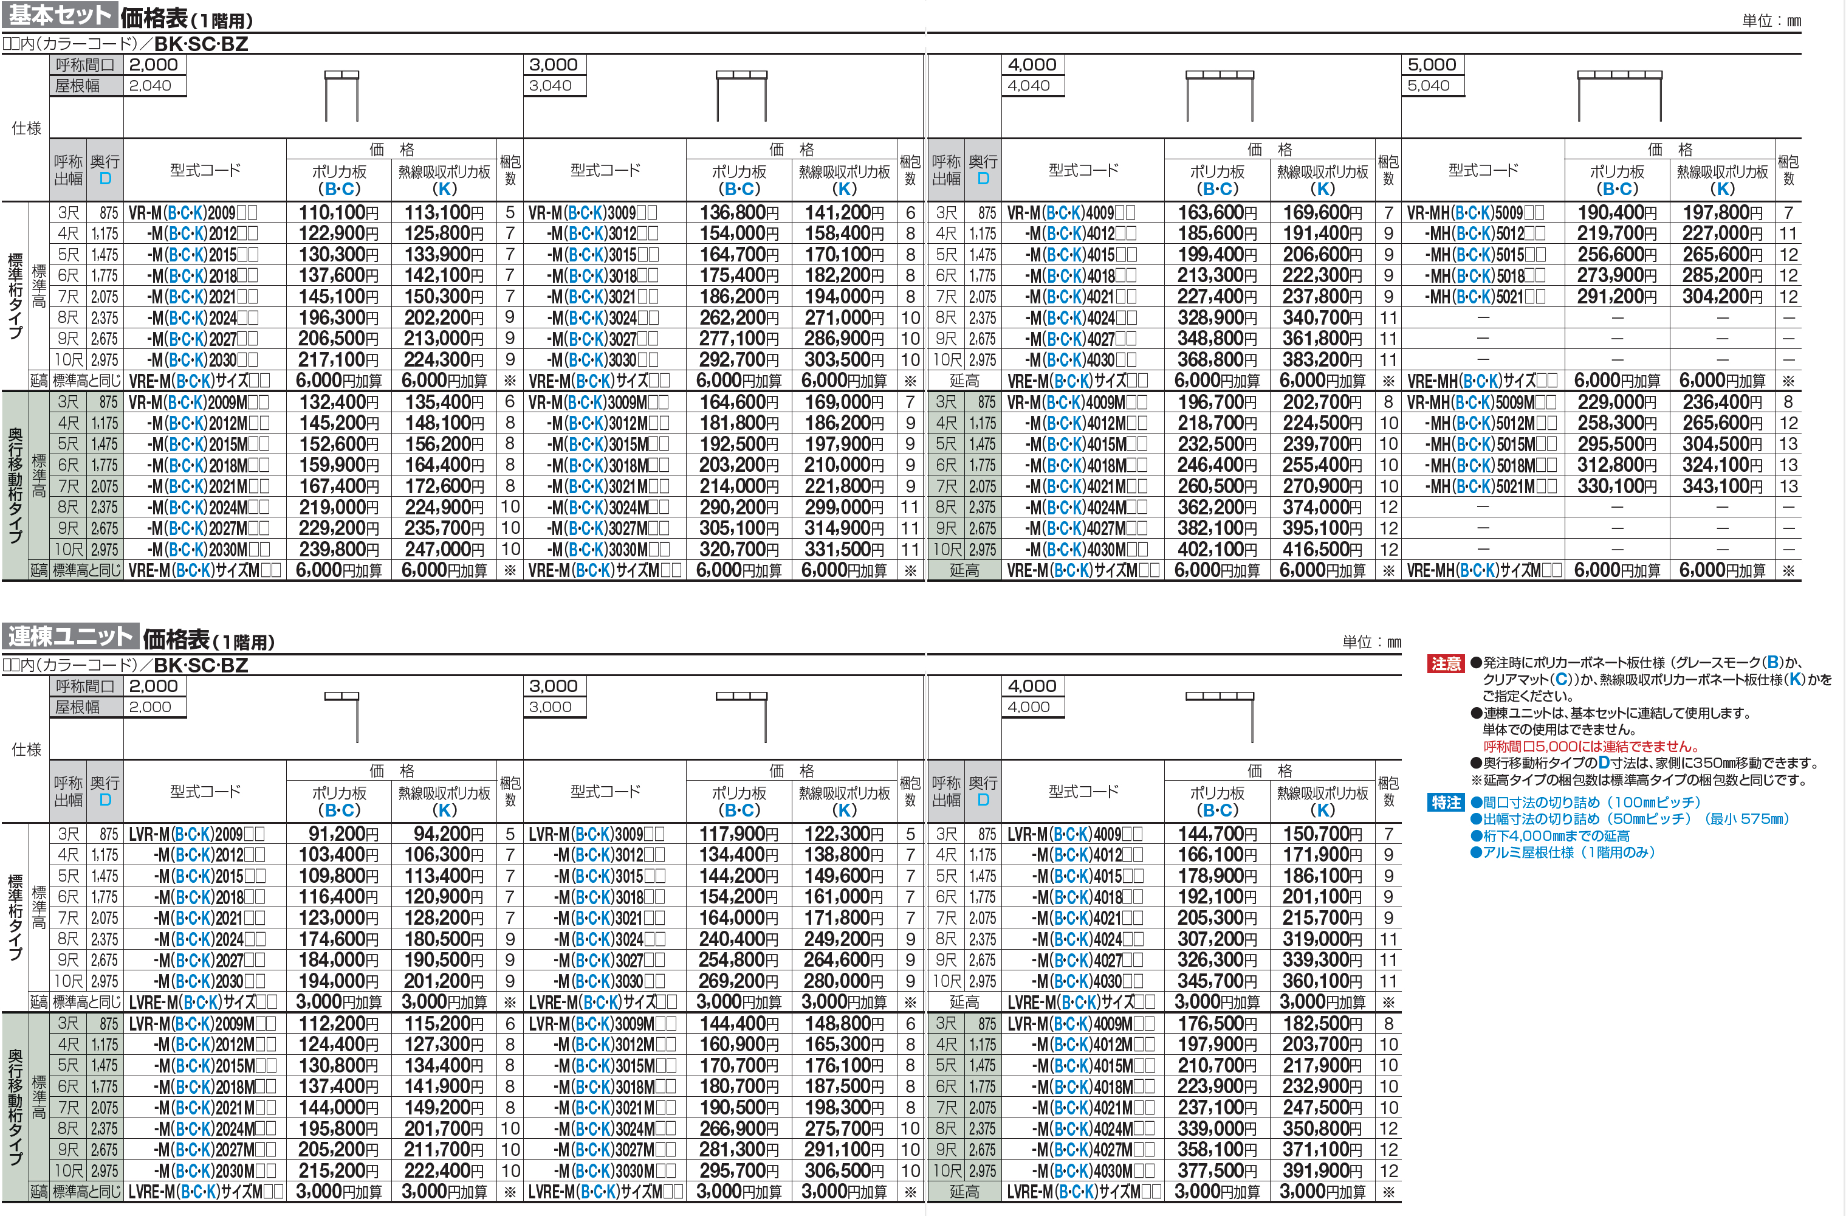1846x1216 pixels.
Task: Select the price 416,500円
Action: tap(1322, 550)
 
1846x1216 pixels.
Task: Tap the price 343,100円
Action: tap(1722, 486)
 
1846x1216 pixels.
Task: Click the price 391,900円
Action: tap(1322, 1171)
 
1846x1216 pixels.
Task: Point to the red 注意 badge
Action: tap(1446, 663)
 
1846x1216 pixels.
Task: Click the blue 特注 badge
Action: tap(1446, 803)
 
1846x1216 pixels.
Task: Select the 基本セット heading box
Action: tap(59, 15)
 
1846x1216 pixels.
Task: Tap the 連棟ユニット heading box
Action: tap(70, 637)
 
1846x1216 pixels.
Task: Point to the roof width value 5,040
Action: tap(1428, 85)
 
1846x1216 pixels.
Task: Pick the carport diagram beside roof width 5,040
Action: tap(1621, 95)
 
